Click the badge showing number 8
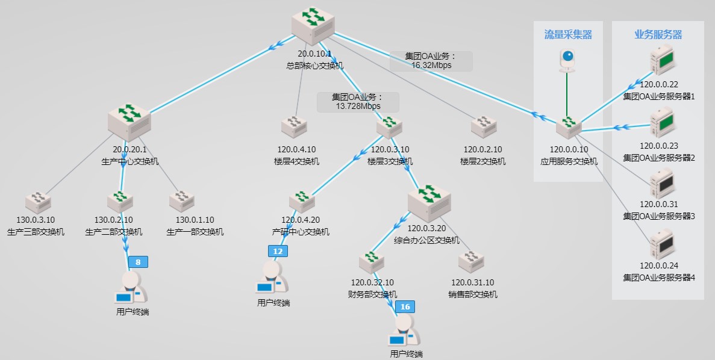point(138,262)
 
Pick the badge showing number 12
point(278,252)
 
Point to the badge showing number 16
point(405,307)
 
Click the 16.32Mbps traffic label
point(431,61)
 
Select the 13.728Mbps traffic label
point(358,102)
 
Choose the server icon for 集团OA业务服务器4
point(661,244)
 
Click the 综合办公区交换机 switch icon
point(429,202)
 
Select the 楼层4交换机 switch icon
point(295,126)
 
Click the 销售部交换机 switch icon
point(471,261)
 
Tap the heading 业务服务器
point(658,35)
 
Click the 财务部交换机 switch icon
point(372,261)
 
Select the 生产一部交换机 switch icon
point(181,199)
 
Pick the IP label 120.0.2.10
point(482,150)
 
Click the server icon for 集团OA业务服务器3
point(661,184)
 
